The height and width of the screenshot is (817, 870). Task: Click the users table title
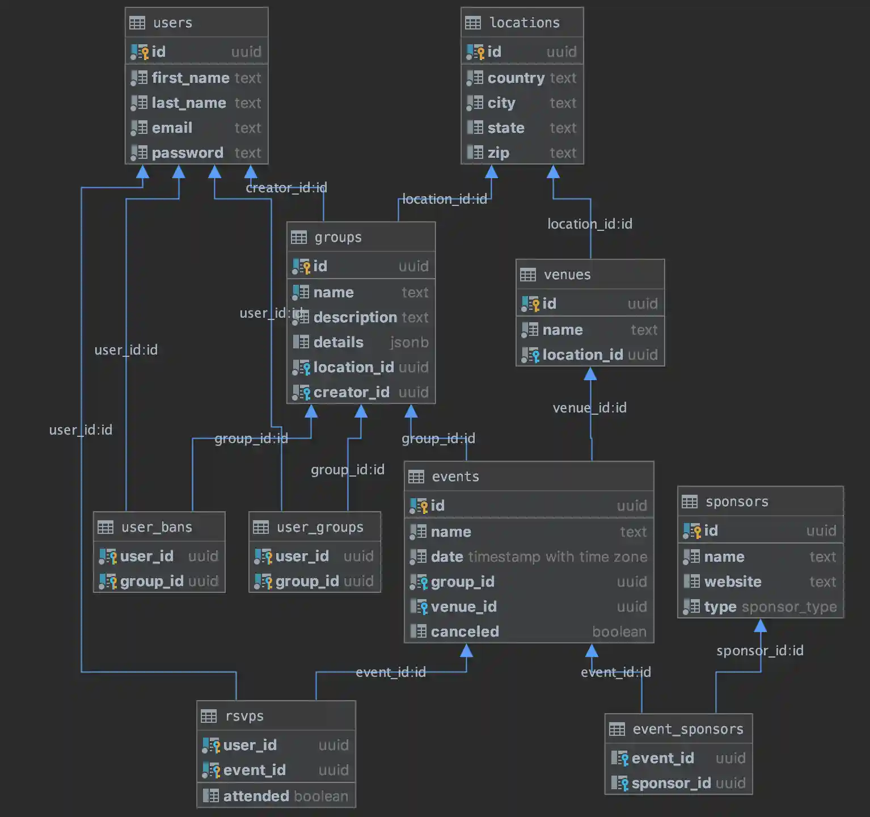coord(173,23)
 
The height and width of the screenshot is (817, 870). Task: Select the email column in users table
coord(172,128)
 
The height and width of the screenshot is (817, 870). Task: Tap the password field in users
coord(187,153)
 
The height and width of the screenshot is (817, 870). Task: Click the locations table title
coord(524,23)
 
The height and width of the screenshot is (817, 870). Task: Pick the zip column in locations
coord(498,153)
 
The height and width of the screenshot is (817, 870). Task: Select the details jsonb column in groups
coord(339,342)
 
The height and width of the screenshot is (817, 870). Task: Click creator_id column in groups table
coord(351,392)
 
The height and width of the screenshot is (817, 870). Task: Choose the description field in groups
coord(355,317)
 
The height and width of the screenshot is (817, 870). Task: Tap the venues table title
coord(567,275)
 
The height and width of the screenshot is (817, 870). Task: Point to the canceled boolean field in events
coord(464,631)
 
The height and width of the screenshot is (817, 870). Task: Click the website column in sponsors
coord(733,582)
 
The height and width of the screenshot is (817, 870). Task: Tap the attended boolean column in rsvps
coord(256,796)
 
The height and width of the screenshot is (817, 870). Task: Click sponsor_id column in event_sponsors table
coord(671,783)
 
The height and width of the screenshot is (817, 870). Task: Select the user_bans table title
coord(157,527)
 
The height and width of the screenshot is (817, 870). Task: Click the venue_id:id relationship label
coord(590,407)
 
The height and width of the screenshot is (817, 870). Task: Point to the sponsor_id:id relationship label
coord(759,650)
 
